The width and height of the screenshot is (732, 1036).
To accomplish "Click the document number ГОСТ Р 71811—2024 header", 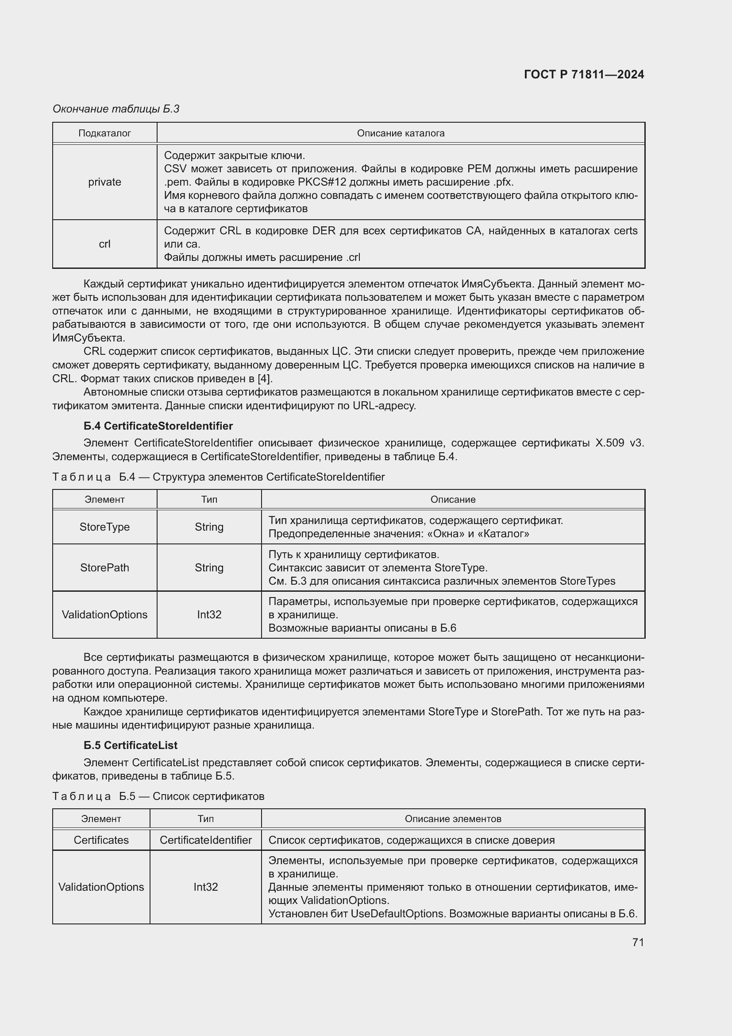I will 584,74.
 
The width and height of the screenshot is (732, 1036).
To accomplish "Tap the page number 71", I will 638,942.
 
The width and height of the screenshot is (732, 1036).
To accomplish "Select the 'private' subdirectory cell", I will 104,182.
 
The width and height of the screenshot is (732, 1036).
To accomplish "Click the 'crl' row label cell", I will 104,244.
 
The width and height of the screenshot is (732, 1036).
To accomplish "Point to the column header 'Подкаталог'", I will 104,133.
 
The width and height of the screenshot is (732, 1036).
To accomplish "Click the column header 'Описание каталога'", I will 400,133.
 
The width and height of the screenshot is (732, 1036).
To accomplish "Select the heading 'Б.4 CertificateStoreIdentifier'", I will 158,426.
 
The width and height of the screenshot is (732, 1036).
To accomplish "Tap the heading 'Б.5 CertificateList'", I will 130,745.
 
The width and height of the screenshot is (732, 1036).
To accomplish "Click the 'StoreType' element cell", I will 104,527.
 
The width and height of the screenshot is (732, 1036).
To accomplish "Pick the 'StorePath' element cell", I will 104,568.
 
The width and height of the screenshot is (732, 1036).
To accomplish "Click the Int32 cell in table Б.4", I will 209,615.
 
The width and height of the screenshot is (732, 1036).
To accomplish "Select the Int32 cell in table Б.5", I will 205,887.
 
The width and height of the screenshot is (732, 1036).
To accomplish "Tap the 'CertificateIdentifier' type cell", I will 205,840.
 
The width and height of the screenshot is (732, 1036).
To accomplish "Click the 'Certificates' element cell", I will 101,840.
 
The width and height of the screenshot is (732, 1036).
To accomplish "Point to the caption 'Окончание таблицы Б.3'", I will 116,109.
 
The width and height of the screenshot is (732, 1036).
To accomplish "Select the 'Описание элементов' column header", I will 453,819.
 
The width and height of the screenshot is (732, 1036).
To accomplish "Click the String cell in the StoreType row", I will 209,527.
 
